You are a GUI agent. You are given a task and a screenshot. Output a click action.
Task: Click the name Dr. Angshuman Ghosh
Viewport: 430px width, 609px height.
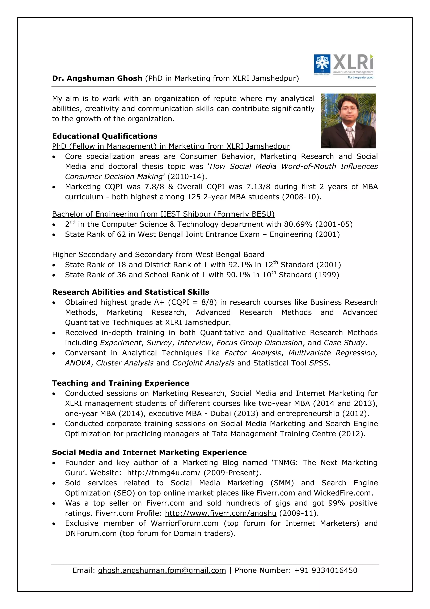coord(97,78)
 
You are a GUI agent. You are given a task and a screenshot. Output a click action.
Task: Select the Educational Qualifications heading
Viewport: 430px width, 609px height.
coord(105,136)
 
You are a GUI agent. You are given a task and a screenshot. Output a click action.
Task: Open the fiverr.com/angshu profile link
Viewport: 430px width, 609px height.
coord(220,513)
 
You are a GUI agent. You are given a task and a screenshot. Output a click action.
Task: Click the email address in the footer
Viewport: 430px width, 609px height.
coord(162,570)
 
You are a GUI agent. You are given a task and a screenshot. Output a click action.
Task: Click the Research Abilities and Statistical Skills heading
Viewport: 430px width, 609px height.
coord(131,292)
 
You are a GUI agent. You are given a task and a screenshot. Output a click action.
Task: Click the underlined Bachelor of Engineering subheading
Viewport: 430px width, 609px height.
coord(163,214)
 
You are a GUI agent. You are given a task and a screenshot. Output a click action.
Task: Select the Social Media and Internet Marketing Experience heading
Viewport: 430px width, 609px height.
coord(149,453)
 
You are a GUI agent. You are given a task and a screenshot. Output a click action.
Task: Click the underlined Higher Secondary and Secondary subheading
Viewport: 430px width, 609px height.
coord(158,255)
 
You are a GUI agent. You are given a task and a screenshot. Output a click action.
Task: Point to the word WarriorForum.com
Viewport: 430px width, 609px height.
coord(185,523)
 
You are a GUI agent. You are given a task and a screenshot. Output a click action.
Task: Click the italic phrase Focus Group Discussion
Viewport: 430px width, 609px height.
coord(259,343)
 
